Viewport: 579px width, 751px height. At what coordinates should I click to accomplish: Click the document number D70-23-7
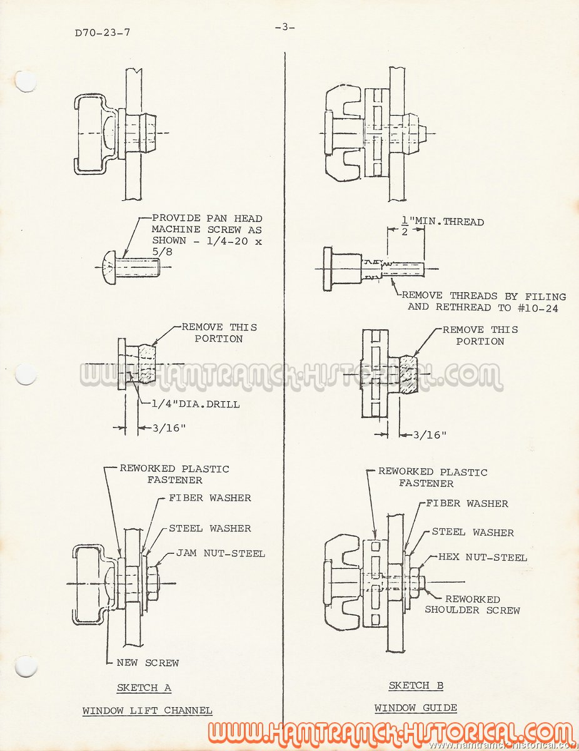coord(102,33)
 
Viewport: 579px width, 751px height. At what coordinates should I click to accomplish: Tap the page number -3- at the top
coord(285,27)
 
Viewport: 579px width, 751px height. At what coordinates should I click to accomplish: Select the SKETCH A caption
coord(144,687)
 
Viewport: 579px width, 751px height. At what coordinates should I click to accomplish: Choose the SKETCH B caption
coord(416,685)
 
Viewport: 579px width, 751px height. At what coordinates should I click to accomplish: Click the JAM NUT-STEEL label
coord(220,553)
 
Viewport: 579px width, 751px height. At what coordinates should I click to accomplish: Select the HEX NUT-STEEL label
coord(483,557)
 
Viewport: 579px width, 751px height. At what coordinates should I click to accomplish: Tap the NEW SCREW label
coord(148,663)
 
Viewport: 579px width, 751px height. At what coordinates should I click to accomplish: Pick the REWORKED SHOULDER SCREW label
coord(472,605)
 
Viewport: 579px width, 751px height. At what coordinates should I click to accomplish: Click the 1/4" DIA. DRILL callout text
coord(196,404)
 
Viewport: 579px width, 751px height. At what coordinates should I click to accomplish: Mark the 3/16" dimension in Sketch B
coord(430,435)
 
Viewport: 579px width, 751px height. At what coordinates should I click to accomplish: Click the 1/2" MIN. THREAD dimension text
coord(443,224)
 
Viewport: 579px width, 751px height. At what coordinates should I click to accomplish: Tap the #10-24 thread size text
coord(538,308)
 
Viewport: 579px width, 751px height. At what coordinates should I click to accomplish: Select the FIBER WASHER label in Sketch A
coord(210,498)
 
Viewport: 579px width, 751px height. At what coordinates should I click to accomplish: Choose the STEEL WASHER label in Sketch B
coord(473,532)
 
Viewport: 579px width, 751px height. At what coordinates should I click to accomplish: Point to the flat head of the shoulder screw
coord(328,269)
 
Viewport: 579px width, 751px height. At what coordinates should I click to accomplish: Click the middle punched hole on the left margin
coord(26,374)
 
